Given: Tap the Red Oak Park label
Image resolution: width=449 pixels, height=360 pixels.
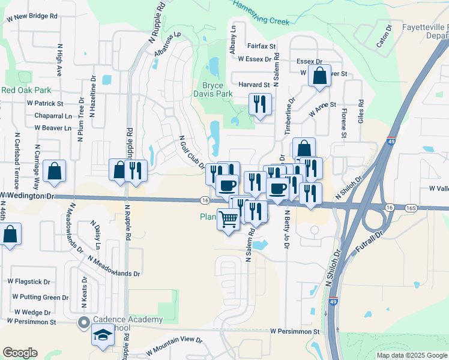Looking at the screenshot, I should [26, 90].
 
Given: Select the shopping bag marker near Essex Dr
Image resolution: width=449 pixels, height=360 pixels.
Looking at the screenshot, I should [319, 76].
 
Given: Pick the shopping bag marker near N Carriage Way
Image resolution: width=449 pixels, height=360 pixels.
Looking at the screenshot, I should [55, 171].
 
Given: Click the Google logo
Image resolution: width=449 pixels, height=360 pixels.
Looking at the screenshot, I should [20, 353].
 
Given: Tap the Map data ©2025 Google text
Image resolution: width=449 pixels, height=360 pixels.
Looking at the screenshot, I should [412, 355].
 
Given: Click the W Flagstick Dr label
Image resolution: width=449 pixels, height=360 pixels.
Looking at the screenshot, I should [29, 281].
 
